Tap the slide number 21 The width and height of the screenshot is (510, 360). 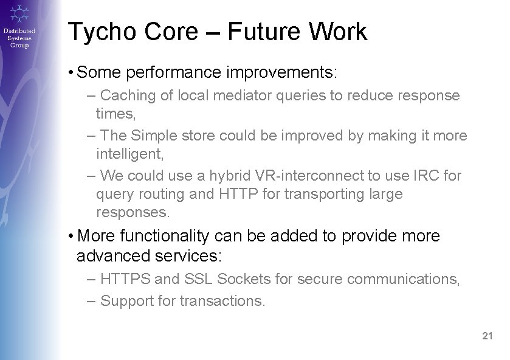pyautogui.click(x=487, y=336)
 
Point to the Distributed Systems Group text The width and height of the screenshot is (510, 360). pyautogui.click(x=19, y=38)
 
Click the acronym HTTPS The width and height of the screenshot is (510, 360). pyautogui.click(x=126, y=280)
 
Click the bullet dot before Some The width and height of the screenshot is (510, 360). pyautogui.click(x=72, y=73)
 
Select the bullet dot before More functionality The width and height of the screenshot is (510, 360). pyautogui.click(x=72, y=236)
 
